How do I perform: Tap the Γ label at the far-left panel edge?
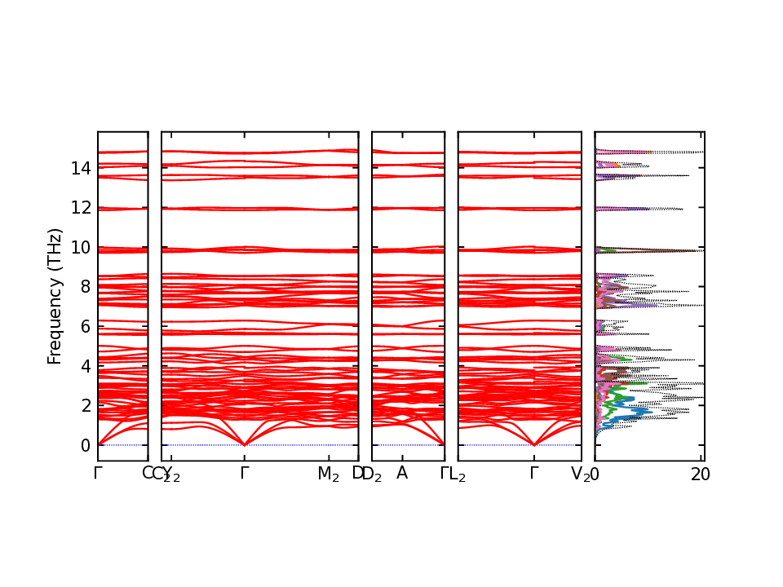[98, 473]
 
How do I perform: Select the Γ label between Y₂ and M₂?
[244, 473]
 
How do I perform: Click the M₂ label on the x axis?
[328, 474]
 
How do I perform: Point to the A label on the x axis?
[401, 473]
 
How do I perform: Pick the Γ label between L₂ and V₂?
[533, 473]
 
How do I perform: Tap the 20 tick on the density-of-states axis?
[701, 474]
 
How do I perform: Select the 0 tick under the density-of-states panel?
[595, 474]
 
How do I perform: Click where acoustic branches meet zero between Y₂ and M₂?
[244, 444]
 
